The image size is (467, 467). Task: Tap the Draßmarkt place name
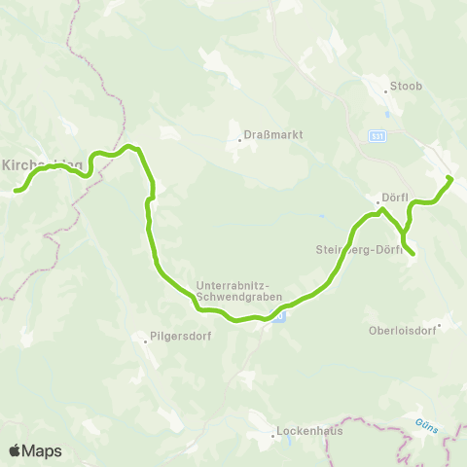[264, 136]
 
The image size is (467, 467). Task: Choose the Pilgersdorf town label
[176, 339]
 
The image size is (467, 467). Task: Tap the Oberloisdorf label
[403, 328]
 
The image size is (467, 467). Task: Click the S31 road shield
[376, 137]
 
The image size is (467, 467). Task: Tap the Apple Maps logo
[35, 450]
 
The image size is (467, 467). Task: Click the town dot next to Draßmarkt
[240, 140]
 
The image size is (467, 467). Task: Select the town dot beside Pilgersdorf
[146, 340]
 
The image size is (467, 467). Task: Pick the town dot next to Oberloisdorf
[440, 326]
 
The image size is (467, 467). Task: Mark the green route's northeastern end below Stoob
[449, 178]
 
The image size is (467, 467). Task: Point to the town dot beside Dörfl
[377, 202]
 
